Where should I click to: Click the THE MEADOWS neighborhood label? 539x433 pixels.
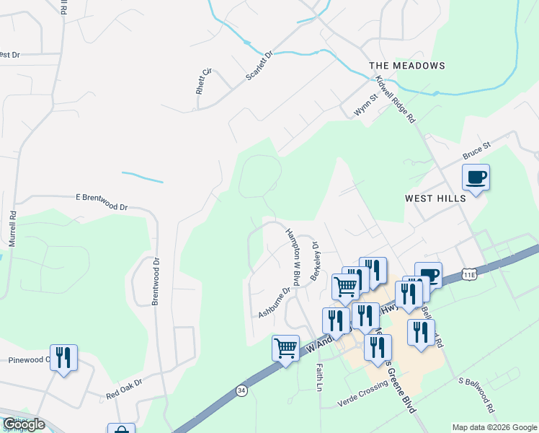(407, 66)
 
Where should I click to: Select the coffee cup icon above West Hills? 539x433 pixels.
(476, 177)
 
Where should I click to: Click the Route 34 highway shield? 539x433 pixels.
(241, 390)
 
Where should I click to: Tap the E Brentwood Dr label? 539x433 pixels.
(101, 201)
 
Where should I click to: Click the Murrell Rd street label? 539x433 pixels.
(12, 228)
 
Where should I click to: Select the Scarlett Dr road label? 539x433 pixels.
(260, 66)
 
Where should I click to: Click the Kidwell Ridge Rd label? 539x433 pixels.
(404, 101)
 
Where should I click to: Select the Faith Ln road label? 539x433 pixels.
(318, 377)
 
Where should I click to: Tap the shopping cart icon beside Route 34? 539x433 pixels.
(286, 349)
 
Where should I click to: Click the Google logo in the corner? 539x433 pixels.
(24, 424)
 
